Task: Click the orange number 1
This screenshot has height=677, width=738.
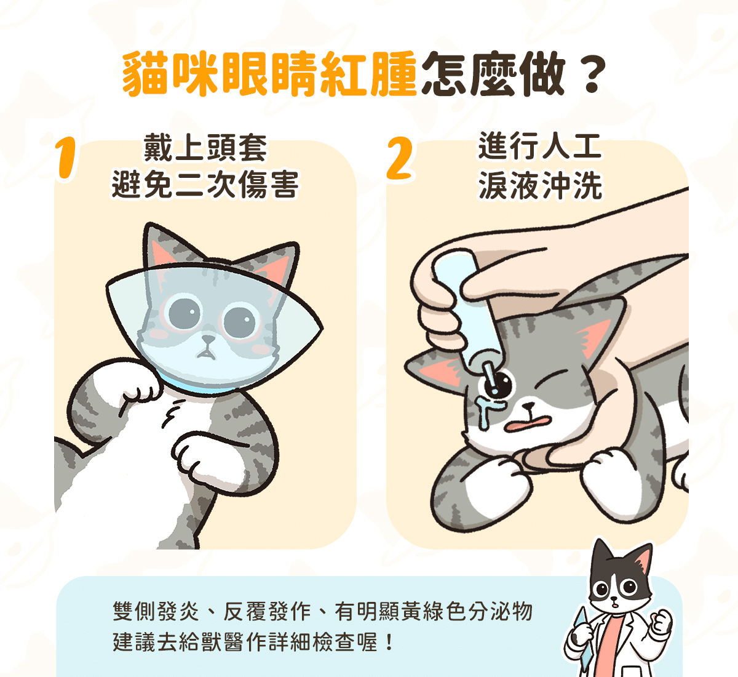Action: point(66,158)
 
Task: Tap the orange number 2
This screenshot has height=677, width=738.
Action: point(400,158)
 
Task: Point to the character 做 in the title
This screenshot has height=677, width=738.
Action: point(542,74)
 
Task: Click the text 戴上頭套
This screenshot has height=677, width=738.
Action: point(205,148)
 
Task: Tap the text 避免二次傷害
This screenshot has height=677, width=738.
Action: point(205,185)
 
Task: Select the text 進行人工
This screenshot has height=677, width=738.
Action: point(540,146)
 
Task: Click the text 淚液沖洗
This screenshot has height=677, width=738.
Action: point(540,185)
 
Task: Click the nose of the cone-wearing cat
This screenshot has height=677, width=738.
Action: point(208,338)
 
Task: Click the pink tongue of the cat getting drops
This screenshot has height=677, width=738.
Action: point(528,422)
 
